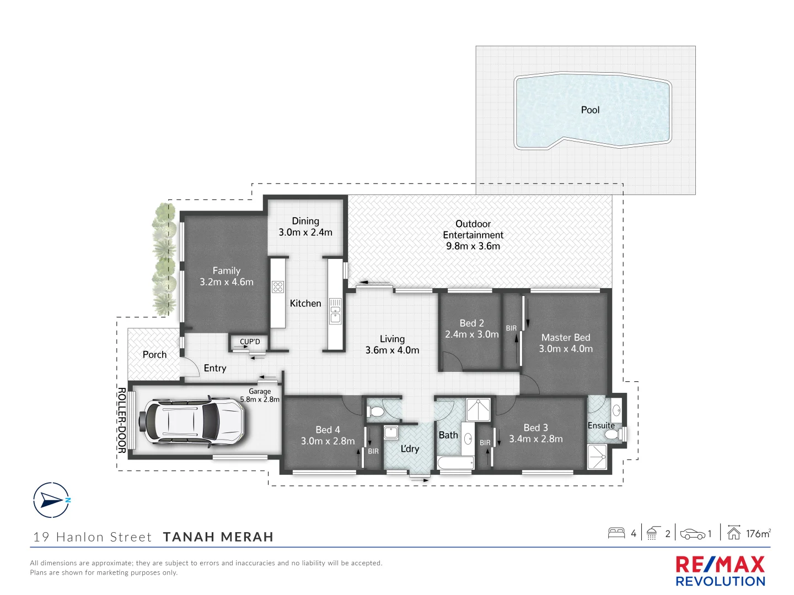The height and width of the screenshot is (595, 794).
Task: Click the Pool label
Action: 590,110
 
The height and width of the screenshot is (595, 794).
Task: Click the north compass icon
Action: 52,500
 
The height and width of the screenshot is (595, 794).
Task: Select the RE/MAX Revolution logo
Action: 720,571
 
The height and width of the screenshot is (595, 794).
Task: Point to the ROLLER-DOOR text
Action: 122,420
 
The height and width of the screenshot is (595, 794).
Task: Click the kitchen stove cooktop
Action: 278,286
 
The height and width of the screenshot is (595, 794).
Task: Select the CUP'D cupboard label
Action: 250,342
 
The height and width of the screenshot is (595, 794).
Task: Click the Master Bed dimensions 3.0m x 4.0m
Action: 566,349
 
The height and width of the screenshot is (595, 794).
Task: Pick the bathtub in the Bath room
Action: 455,463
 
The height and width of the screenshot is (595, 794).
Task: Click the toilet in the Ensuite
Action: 611,435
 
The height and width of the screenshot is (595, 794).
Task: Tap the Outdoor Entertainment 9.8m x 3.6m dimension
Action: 473,246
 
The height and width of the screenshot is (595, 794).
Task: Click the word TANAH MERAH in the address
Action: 218,537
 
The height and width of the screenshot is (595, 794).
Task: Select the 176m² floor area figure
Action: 758,533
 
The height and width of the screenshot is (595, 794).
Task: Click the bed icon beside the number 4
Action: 616,533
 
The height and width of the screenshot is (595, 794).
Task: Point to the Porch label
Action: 154,355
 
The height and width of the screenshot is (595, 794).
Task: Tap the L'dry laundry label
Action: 410,449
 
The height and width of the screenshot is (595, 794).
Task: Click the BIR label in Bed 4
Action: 373,451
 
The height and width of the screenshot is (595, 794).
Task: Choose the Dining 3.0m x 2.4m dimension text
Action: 305,232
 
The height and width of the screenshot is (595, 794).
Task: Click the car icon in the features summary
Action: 693,534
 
